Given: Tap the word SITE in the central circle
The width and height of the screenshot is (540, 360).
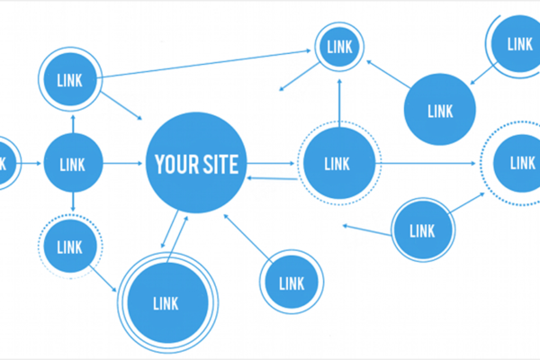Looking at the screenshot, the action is coord(219,165).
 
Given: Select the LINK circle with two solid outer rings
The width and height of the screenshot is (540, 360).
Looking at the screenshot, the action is coord(167,302).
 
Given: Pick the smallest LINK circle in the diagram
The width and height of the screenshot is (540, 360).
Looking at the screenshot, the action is coord(339,47).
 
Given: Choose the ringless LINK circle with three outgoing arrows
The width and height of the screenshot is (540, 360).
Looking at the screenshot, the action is coord(73,163).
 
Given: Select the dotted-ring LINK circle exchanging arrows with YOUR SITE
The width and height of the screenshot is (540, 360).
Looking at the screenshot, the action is coord(339,163).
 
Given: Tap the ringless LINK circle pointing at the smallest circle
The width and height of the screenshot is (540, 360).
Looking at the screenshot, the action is coord(440,110).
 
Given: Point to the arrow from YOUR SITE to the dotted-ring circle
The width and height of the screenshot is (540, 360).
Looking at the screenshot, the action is coord(271,163).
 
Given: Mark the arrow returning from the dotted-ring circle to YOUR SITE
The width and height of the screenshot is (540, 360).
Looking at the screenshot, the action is coord(272,178).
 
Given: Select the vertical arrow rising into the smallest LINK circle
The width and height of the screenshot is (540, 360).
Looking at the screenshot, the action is coord(339,103).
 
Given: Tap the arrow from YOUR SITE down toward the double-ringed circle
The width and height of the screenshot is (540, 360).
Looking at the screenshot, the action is coord(170,229).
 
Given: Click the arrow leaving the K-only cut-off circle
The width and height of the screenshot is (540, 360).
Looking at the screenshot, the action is coord(31,163).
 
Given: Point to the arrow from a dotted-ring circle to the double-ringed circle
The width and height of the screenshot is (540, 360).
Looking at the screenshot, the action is coord(103,279).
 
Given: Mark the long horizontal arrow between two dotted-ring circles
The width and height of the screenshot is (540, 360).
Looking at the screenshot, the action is coord(426,163).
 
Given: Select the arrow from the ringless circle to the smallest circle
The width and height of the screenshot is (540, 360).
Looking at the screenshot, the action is coord(389,75).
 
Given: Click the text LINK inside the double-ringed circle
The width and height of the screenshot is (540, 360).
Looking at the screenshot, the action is coord(166,303).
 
